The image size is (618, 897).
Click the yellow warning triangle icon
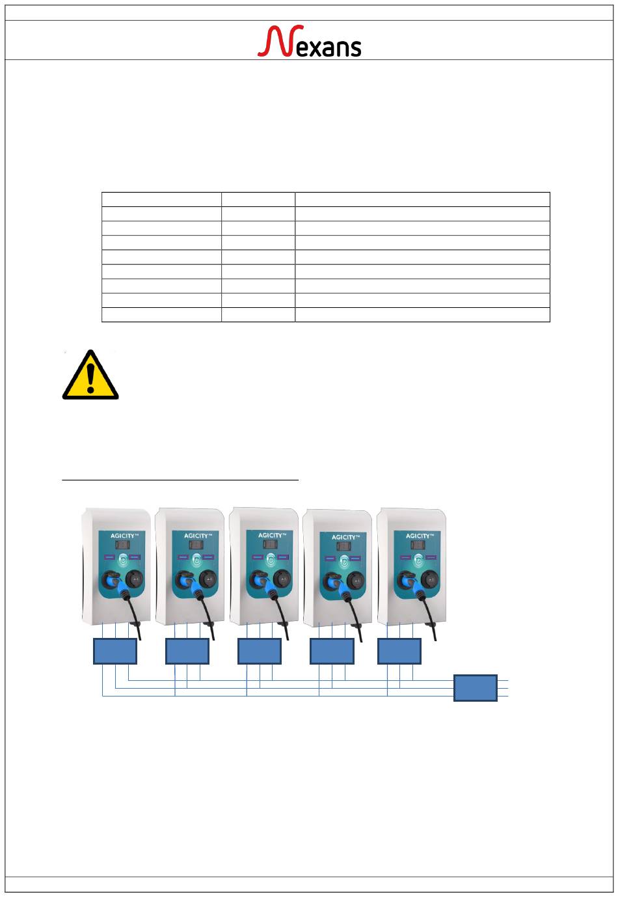[x=90, y=375]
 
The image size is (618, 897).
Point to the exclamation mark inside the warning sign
[x=90, y=377]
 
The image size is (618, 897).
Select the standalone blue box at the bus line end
[x=475, y=688]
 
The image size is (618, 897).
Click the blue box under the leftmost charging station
[x=115, y=651]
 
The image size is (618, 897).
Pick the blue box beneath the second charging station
[x=187, y=651]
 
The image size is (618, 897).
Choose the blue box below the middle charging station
[x=260, y=651]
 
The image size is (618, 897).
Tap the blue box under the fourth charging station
[x=332, y=651]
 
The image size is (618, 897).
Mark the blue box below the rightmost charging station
[x=399, y=651]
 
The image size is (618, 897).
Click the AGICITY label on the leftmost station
[x=122, y=536]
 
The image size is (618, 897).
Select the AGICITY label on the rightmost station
[x=418, y=536]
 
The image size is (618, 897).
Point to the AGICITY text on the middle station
[x=271, y=536]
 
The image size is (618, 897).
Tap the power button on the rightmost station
[x=418, y=559]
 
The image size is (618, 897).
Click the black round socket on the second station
[x=208, y=578]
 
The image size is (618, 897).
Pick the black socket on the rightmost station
[x=430, y=578]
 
